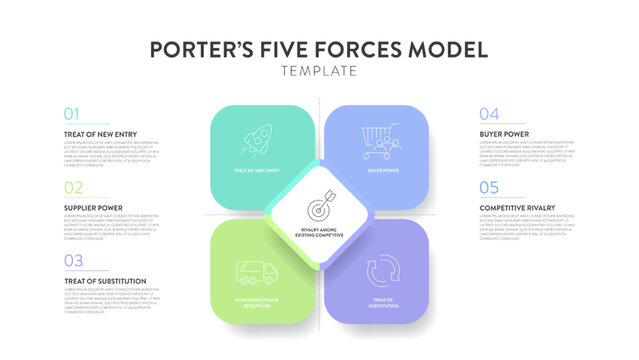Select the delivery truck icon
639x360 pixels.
coord(256,272)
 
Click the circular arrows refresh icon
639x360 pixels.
coord(383,272)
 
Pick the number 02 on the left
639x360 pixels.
coord(73,187)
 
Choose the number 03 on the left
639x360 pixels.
coord(73,261)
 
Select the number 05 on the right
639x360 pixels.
coord(489,187)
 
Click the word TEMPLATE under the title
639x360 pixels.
coord(319,72)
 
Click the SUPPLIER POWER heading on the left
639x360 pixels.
coord(93,207)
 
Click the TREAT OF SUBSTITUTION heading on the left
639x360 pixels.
coord(105,281)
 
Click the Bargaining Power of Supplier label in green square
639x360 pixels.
coord(256,303)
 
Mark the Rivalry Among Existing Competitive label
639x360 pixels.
coord(320,233)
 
